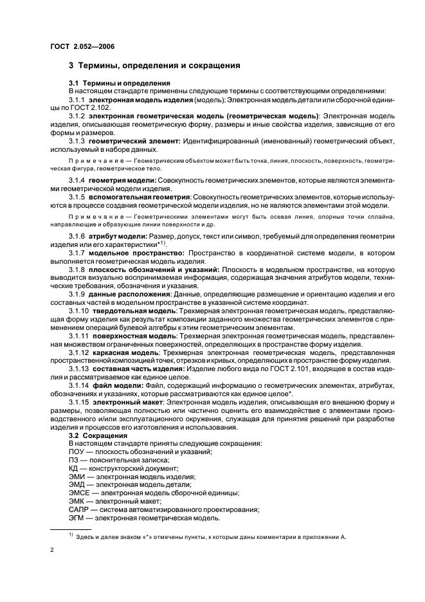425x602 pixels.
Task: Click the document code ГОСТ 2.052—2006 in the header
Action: point(83,46)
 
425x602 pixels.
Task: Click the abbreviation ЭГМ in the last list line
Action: point(76,518)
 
